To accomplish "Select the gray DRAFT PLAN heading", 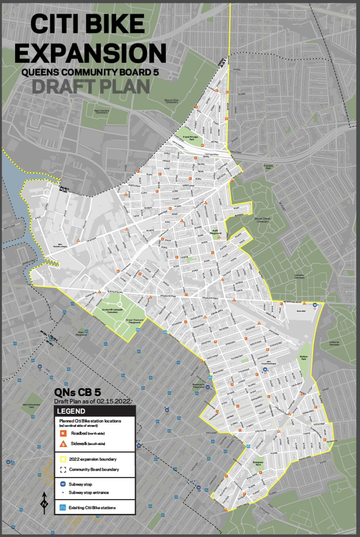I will [91, 86].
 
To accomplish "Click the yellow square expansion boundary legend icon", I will [62, 459].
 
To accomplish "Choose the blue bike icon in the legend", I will [62, 507].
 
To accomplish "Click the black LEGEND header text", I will [71, 411].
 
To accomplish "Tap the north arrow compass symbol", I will [44, 503].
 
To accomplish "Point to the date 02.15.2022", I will [115, 401].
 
